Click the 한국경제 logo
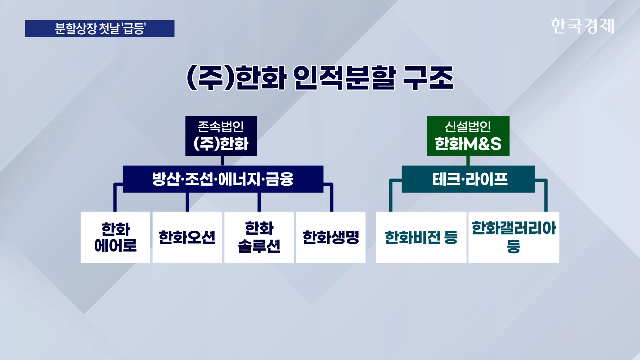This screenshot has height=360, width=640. pos(582,26)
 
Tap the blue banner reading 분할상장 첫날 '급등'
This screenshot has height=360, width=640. pos(100,29)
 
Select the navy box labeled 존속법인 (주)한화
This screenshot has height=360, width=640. pos(221,136)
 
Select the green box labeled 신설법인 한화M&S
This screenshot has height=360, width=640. pos(468,136)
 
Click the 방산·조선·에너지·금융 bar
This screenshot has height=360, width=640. pos(223,179)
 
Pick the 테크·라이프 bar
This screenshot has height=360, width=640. pos(468,179)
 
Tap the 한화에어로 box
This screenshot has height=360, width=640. pos(115,237)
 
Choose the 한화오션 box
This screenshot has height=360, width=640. pos(187,237)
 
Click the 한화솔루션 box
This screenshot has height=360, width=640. pos(259,237)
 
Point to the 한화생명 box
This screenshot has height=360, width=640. pos(331,237)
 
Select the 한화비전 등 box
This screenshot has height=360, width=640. pos(421,237)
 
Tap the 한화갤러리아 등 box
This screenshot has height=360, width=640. pos(514,237)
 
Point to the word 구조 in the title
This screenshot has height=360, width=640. pos(428,78)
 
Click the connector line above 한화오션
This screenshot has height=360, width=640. pos(187,202)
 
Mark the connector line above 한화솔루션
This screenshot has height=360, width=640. pos(259,202)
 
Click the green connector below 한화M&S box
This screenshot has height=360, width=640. pos(468,161)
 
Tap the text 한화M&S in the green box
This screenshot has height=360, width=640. pos(468,144)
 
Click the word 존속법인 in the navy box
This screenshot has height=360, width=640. pos(221,127)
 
